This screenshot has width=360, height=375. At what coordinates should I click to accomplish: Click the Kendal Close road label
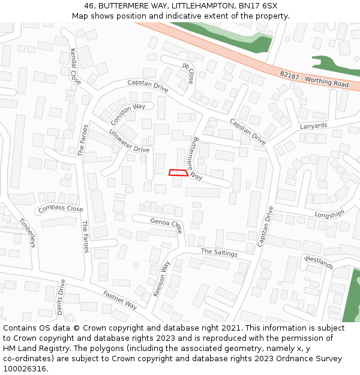coord(76,66)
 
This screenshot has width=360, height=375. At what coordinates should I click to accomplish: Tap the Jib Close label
coord(188,73)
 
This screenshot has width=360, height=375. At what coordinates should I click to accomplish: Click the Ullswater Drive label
coord(129,140)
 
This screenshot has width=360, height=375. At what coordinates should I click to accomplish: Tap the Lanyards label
coord(314,126)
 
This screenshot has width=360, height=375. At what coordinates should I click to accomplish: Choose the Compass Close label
coord(60,209)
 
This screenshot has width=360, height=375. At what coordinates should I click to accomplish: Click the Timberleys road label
coord(27,232)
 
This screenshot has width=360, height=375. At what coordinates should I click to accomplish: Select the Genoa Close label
coord(166,225)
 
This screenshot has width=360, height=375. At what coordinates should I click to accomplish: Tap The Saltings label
coord(219,253)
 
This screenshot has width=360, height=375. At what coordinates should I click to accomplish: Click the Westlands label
coord(318,262)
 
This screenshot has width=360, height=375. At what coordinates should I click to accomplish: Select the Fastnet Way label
coord(120,300)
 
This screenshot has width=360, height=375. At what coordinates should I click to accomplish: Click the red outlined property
coord(178,173)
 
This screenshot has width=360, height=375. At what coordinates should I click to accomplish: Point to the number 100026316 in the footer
coord(23,369)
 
